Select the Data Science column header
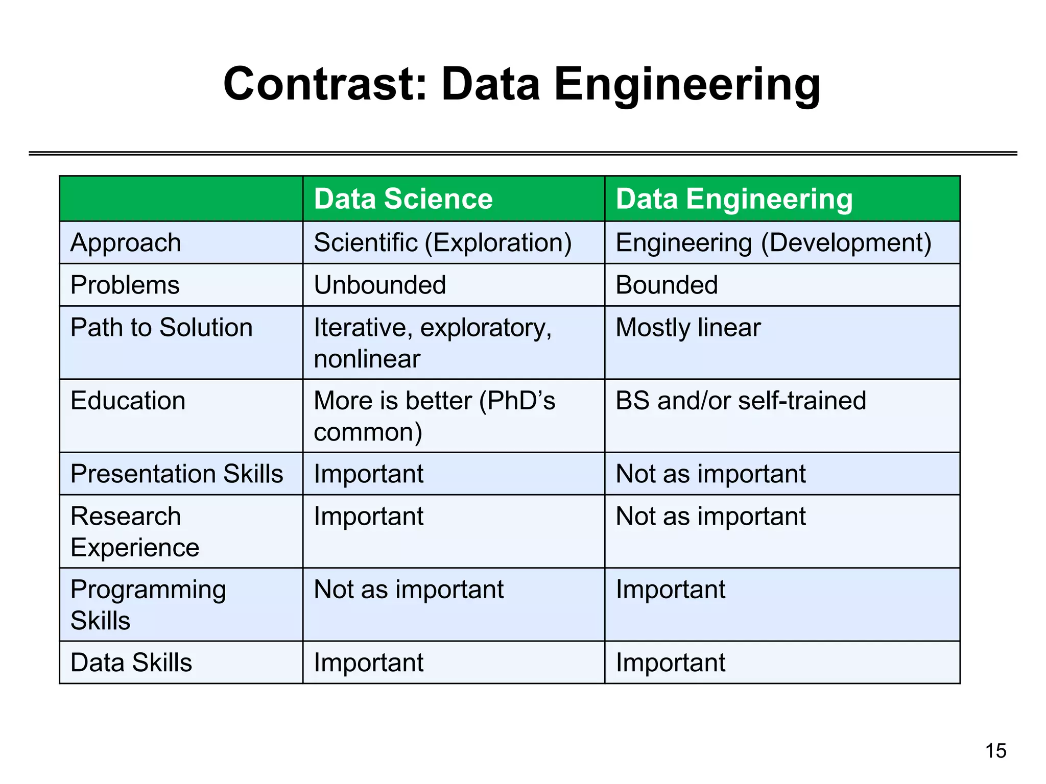[x=403, y=199]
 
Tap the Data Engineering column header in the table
[x=734, y=199]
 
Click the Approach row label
[x=126, y=242]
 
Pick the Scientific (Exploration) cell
[x=442, y=242]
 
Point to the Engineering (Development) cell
[x=773, y=242]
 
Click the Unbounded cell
[x=379, y=285]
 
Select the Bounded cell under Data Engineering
[x=667, y=285]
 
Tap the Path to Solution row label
[x=161, y=327]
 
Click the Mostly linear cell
[x=688, y=327]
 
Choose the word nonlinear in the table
[x=367, y=359]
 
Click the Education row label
[x=128, y=400]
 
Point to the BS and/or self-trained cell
[x=741, y=400]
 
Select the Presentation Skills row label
[x=177, y=474]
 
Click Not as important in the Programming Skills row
[x=409, y=590]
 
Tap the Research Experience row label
[x=134, y=531]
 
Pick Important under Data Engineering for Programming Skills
[x=670, y=590]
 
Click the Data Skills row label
[x=131, y=663]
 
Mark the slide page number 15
[x=995, y=751]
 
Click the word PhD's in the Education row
[x=517, y=400]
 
